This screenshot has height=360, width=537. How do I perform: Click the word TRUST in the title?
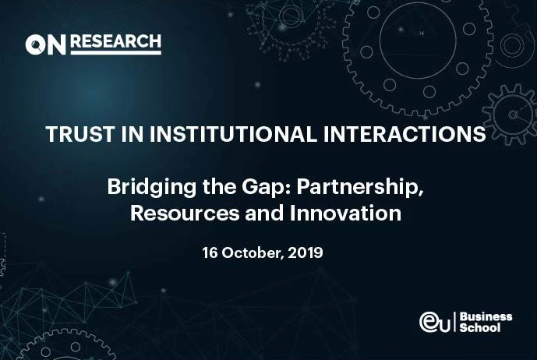pyautogui.click(x=79, y=134)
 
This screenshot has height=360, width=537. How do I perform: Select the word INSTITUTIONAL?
pyautogui.click(x=233, y=134)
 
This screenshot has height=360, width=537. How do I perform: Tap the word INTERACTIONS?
pyautogui.click(x=405, y=134)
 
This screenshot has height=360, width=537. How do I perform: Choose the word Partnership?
pyautogui.click(x=360, y=187)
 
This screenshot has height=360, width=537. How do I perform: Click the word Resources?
pyautogui.click(x=185, y=214)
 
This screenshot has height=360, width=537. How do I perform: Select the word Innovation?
pyautogui.click(x=345, y=213)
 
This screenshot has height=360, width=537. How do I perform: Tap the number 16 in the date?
pyautogui.click(x=210, y=252)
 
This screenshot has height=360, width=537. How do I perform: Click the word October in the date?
pyautogui.click(x=253, y=253)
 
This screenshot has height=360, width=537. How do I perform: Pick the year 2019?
pyautogui.click(x=306, y=252)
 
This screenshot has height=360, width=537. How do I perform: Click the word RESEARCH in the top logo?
pyautogui.click(x=116, y=41)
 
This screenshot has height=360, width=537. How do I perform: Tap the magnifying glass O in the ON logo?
pyautogui.click(x=34, y=44)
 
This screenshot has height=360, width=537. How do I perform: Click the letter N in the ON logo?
pyautogui.click(x=56, y=44)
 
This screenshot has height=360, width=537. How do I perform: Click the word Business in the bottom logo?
pyautogui.click(x=486, y=317)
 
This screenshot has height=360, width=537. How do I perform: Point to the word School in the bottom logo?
pyautogui.click(x=480, y=327)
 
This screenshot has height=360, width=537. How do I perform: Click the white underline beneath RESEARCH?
pyautogui.click(x=116, y=53)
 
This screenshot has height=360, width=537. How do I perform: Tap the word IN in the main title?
pyautogui.click(x=132, y=134)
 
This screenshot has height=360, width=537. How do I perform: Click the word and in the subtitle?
pyautogui.click(x=264, y=213)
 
